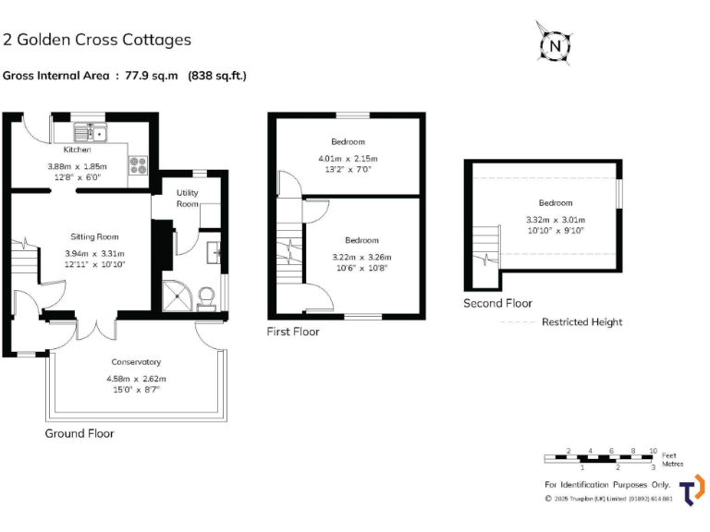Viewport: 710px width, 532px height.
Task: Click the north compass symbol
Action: point(554,43)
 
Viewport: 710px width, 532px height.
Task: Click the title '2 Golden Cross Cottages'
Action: point(97,40)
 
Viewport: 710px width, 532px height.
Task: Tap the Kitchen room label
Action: point(77,150)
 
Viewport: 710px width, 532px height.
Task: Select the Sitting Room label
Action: point(94,236)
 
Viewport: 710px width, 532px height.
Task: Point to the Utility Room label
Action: point(188,198)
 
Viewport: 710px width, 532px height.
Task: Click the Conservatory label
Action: point(136,362)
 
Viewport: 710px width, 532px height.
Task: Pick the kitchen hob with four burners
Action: point(139,165)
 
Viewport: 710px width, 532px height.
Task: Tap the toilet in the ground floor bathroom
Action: point(206,295)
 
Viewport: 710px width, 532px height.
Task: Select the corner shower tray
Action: point(177,293)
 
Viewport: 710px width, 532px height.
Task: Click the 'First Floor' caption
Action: point(293,331)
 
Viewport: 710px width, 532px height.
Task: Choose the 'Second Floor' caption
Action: point(497,303)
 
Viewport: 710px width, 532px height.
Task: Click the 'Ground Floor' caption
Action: point(80,433)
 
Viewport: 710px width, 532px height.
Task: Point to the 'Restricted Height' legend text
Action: point(581,322)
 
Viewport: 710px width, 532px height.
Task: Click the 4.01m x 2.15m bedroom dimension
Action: point(348,158)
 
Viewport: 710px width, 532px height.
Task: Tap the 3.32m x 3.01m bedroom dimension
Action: point(555,219)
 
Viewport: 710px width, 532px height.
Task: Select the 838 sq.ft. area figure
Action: point(217,76)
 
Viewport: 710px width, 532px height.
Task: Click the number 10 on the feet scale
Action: point(654,451)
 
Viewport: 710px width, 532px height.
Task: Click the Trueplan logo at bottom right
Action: point(692,490)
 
